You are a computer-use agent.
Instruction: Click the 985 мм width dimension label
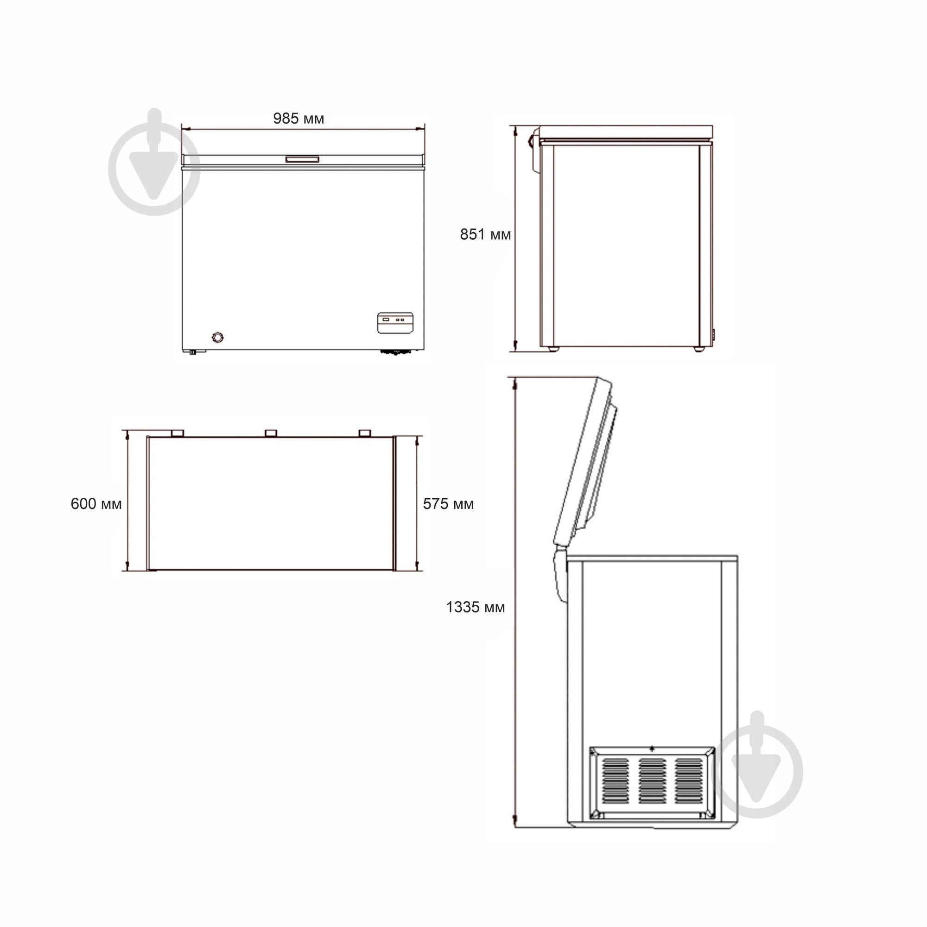[x=298, y=118]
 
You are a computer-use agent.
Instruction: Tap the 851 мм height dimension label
[x=485, y=234]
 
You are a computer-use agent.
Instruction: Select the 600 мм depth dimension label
[x=96, y=504]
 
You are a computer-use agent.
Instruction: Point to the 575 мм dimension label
[x=448, y=504]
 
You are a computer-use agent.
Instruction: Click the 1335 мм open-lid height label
[x=476, y=607]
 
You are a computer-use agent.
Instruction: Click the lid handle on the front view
[x=303, y=159]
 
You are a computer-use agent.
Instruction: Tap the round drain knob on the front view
[x=217, y=337]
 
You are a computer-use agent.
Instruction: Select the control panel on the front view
[x=394, y=323]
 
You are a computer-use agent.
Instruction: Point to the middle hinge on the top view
[x=271, y=433]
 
